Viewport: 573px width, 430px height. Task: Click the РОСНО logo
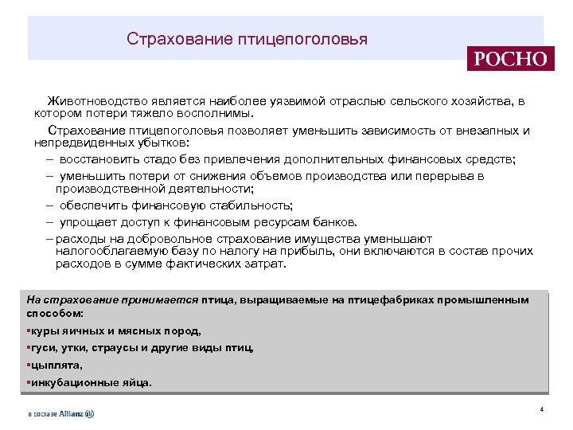(509, 58)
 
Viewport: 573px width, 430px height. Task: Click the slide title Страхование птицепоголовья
(247, 38)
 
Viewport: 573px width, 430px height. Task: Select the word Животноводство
(95, 102)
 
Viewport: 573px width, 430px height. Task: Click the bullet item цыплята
(56, 365)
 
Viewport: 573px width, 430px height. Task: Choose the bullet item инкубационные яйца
(89, 382)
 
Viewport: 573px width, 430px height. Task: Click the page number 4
(541, 409)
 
